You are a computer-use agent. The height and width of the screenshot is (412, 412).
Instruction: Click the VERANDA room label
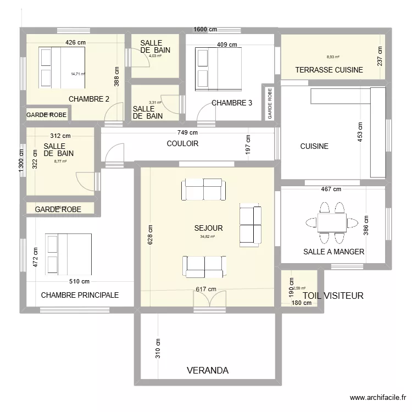207,370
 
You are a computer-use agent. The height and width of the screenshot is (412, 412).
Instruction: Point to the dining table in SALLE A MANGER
331,222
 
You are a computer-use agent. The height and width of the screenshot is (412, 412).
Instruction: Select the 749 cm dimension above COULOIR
187,132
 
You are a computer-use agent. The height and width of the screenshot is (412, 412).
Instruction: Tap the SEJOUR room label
208,228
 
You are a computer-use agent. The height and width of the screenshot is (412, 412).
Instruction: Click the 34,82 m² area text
208,237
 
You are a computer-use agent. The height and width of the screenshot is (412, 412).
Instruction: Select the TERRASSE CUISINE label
329,70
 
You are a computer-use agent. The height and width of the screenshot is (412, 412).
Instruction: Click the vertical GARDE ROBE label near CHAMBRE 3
269,102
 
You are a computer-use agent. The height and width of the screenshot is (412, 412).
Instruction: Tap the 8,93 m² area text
333,57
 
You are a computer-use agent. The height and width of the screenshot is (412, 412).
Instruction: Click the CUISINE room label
314,146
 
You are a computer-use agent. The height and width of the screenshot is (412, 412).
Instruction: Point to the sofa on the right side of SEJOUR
250,224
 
